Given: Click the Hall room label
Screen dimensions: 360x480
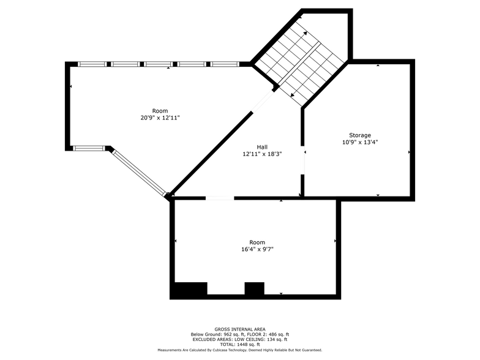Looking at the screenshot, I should point(262,147).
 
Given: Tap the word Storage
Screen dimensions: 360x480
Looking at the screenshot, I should point(360,135).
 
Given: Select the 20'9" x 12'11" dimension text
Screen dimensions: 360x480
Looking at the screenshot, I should point(160,118).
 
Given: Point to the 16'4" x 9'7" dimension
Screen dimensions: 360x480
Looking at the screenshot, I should point(257,249).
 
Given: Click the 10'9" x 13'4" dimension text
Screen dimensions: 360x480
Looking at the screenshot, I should point(360,142).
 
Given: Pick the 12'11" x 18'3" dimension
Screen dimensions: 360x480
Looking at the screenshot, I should point(262,154).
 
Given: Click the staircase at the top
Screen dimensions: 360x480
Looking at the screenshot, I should point(298,61).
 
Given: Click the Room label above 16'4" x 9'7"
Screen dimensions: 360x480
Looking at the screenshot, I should point(257,242).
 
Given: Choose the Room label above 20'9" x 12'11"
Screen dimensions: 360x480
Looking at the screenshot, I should point(160,111).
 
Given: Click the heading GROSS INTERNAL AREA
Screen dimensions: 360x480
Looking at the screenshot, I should point(239,329).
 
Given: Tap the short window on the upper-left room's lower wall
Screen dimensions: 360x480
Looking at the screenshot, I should point(88,148).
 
